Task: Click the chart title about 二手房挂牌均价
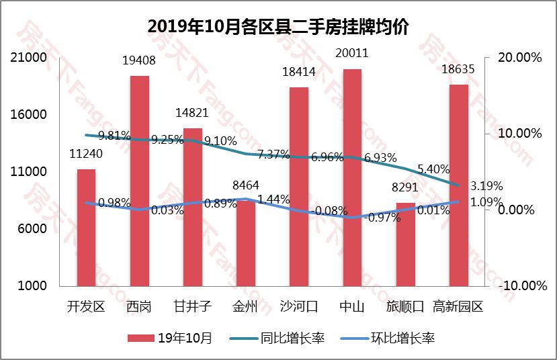278,26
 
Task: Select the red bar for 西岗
140,181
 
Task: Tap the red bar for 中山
352,177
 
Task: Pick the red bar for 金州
246,242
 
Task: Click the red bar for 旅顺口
405,244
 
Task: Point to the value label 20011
352,53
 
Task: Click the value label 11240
86,154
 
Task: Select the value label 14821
193,113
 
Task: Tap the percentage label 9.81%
114,135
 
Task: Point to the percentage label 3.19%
486,185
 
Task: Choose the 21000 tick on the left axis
32,58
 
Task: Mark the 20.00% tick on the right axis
519,58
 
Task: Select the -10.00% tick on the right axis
519,285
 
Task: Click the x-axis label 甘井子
193,307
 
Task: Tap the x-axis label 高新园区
458,307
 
